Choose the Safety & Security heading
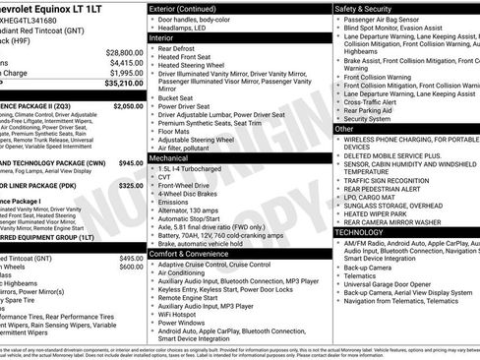click(369, 9)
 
